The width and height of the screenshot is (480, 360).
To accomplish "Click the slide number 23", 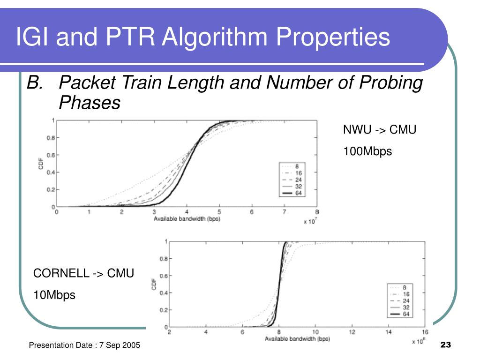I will coord(445,345).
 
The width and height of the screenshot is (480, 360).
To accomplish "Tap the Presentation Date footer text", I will coord(84,345).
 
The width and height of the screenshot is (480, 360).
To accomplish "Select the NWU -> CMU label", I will coord(380,130).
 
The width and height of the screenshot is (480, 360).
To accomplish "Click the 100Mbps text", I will coord(367,151).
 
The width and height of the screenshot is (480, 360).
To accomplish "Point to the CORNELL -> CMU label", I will coord(83,273).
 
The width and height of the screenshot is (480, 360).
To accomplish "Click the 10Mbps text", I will coord(54,295).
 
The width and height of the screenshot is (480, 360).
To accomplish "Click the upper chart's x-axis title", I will coord(187,219).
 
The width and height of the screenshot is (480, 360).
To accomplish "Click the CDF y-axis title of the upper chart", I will coord(41,163).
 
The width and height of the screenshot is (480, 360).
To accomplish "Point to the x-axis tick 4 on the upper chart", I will coord(187,212).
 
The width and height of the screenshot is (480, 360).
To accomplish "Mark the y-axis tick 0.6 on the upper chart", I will coord(49,155).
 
